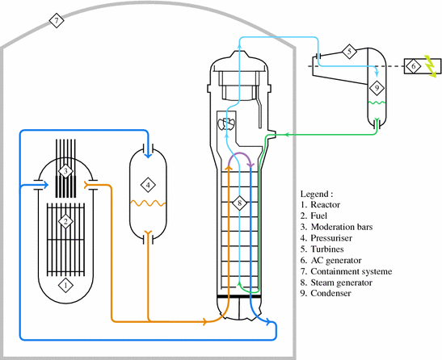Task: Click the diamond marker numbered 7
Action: [x=56, y=20]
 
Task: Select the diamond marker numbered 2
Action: [x=66, y=220]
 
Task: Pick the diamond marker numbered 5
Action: [x=348, y=52]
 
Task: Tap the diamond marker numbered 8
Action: [x=240, y=203]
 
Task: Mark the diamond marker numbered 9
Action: [x=376, y=87]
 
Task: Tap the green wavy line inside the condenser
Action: [x=377, y=103]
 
